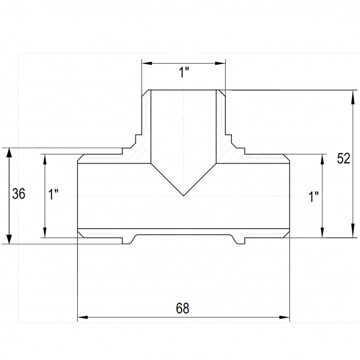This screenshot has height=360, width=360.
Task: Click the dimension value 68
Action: click(183, 308)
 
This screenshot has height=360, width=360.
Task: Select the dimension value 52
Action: click(344, 158)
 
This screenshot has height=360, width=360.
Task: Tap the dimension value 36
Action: click(19, 193)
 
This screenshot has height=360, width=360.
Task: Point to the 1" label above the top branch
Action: click(184, 73)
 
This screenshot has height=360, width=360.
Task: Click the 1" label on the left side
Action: click(53, 194)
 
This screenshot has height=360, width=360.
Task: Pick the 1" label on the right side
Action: click(314, 196)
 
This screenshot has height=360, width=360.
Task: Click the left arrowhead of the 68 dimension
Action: click(83, 317)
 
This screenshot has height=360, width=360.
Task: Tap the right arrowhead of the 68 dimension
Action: click(284, 317)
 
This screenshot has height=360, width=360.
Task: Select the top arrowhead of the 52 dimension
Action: click(351, 95)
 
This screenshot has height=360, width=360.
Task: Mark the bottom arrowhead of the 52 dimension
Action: click(351, 232)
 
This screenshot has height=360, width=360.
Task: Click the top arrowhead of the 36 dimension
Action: click(9, 153)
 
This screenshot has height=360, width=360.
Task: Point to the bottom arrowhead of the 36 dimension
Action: click(9, 238)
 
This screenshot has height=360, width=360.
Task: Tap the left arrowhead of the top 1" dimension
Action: click(147, 63)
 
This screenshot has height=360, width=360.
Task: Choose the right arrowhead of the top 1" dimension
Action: click(220, 63)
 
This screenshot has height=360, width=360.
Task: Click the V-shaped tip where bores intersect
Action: click(184, 196)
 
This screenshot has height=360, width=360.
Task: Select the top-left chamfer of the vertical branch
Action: click(145, 93)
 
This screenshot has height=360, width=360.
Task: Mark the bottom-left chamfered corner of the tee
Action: click(81, 233)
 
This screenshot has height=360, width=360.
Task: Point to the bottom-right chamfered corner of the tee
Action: click(286, 233)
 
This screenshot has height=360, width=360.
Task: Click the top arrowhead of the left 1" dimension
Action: click(45, 159)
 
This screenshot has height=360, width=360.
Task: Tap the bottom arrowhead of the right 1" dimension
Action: click(322, 232)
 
